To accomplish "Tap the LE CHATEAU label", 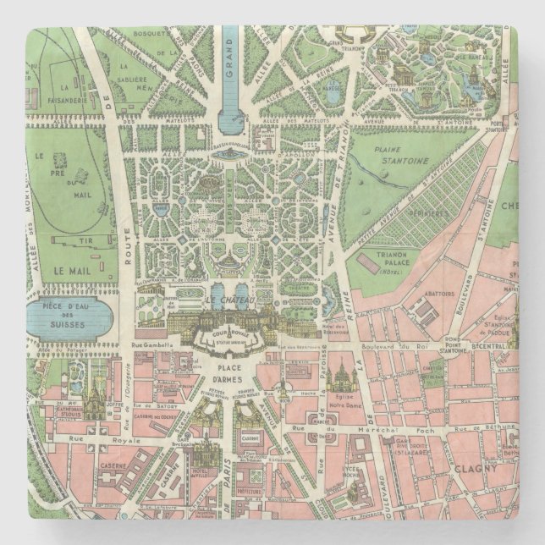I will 225,300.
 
